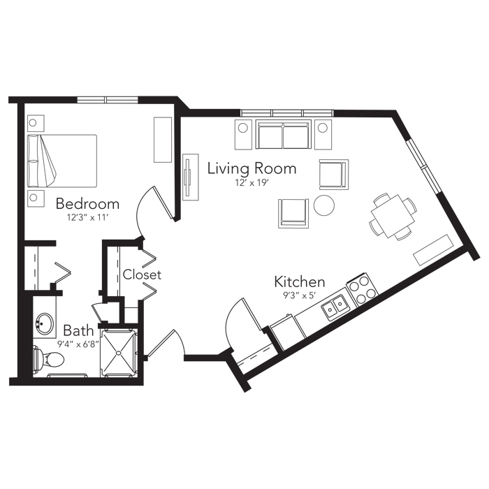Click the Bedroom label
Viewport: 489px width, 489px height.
coord(87,204)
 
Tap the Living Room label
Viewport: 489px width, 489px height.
coord(252,168)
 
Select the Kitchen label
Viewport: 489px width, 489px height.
coord(300,282)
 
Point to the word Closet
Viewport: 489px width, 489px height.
coord(142,275)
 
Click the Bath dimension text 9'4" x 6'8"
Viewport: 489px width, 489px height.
coord(78,344)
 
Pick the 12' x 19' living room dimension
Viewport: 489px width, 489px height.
coord(252,183)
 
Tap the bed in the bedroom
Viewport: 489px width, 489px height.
coord(62,161)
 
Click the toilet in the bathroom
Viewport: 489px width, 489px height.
coord(48,360)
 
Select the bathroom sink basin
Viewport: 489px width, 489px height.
coord(43,323)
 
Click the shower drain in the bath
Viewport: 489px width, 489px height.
coord(119,353)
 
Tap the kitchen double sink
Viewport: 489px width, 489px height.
coord(335,306)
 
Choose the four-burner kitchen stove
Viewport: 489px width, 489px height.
coord(362,289)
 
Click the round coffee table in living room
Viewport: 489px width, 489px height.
coord(324,205)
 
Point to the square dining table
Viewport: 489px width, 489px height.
coord(393,216)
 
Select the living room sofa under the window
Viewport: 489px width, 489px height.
coord(283,134)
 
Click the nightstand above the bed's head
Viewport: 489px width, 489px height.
coord(36,123)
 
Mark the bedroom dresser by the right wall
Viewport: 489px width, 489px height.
coord(163,140)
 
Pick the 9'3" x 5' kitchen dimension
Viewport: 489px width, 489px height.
coord(300,295)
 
